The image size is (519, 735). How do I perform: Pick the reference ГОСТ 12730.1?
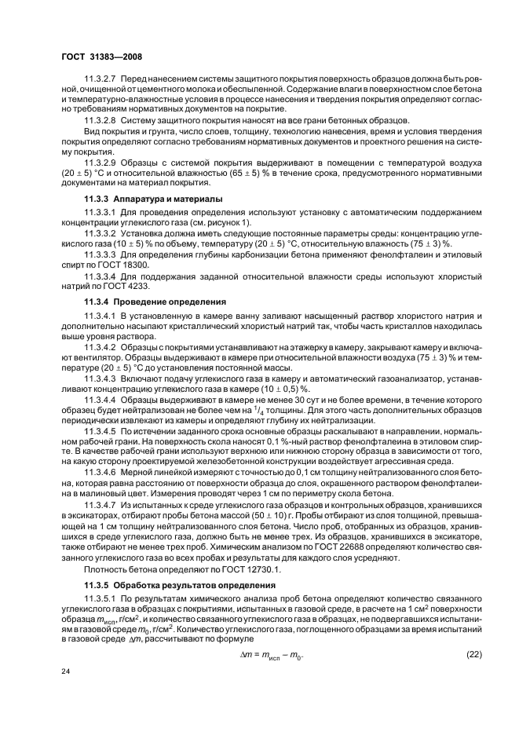pos(246,569)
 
